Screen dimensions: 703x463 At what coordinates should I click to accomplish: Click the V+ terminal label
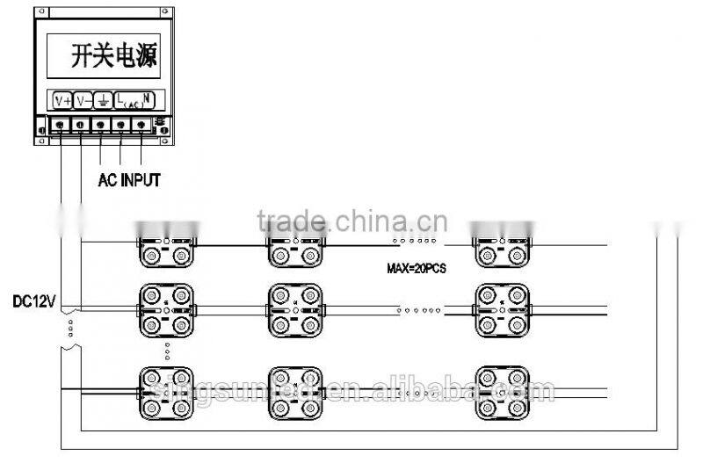click(x=62, y=99)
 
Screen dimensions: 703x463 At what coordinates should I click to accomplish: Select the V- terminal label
click(x=83, y=99)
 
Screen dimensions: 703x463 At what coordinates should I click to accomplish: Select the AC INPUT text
click(x=129, y=180)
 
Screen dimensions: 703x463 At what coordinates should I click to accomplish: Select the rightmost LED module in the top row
click(x=502, y=247)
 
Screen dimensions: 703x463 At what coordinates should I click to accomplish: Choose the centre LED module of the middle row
click(x=294, y=308)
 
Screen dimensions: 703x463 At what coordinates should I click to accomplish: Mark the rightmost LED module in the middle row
click(x=502, y=308)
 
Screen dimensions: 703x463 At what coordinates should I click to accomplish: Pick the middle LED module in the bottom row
click(x=294, y=391)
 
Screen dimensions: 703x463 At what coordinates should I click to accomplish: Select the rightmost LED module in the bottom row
click(x=502, y=391)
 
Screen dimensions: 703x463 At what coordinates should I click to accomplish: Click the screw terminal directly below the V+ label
click(x=59, y=125)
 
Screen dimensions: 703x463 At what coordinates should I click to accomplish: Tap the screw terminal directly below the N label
click(x=141, y=125)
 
